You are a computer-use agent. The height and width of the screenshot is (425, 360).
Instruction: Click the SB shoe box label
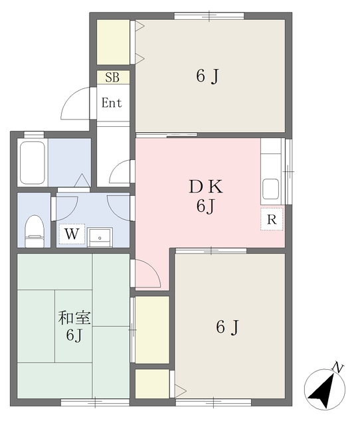click(112, 77)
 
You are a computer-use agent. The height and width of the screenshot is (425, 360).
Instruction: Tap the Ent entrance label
click(112, 103)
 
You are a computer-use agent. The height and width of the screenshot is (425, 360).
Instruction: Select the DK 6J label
click(205, 196)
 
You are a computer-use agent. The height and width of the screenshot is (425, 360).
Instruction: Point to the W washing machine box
click(72, 234)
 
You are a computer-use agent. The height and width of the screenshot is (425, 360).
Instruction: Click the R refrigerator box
click(272, 218)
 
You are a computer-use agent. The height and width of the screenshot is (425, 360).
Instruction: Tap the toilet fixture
click(34, 229)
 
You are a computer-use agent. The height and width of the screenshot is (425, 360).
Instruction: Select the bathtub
click(32, 163)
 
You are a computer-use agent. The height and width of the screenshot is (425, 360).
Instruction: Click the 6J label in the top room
click(208, 76)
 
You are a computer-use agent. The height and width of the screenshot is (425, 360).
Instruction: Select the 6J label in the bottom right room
click(227, 327)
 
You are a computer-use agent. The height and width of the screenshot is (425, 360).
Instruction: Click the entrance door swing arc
click(74, 106)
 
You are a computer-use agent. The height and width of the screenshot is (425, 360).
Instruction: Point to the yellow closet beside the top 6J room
click(113, 42)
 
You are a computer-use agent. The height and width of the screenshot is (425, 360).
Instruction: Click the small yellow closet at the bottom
click(152, 383)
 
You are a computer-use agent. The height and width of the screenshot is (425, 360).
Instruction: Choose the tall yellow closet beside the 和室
click(152, 329)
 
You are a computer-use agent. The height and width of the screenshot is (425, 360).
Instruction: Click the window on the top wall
click(209, 15)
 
